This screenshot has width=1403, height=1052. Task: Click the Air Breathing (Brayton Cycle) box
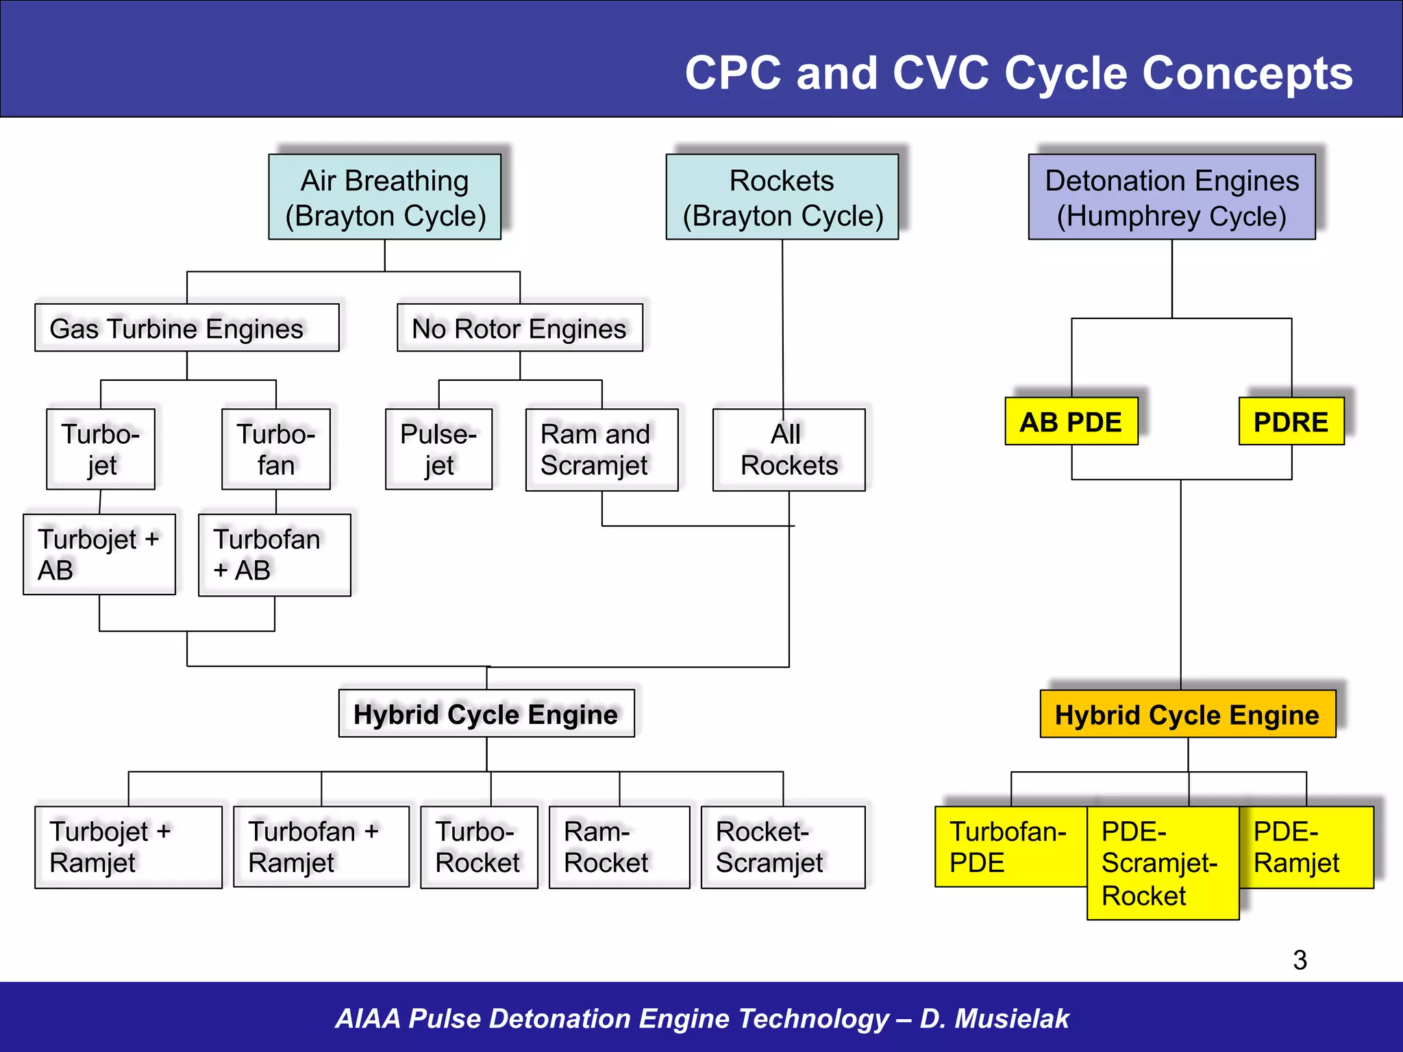click(x=384, y=197)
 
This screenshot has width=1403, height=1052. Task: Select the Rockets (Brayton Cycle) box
click(x=782, y=197)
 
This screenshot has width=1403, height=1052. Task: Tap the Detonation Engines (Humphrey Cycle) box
click(x=1171, y=197)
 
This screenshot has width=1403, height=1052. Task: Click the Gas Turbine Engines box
click(x=186, y=328)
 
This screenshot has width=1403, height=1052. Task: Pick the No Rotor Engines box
click(x=519, y=328)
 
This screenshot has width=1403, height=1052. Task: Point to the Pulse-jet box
click(x=438, y=449)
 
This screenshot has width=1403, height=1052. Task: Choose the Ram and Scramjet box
click(x=601, y=450)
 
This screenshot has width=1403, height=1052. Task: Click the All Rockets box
click(x=789, y=450)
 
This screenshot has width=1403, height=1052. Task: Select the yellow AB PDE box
click(x=1071, y=421)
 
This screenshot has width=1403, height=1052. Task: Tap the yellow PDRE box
click(x=1291, y=421)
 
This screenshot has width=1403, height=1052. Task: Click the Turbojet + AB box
click(x=99, y=554)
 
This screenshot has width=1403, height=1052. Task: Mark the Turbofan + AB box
click(x=274, y=555)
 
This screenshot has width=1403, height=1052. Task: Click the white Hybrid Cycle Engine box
click(x=486, y=714)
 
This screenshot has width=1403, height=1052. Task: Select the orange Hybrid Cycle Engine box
click(x=1187, y=714)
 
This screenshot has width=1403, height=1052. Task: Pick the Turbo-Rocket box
click(x=479, y=847)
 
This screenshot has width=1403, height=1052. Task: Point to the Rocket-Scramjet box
click(x=782, y=847)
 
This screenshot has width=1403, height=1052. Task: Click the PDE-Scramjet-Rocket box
click(x=1163, y=863)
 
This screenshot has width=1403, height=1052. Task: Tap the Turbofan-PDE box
click(x=1010, y=847)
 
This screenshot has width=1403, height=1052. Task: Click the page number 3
click(x=1300, y=960)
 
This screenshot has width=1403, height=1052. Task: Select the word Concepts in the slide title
click(x=1247, y=73)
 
